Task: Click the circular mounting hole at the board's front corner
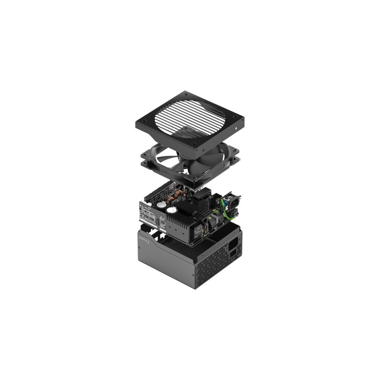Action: (x=190, y=245)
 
